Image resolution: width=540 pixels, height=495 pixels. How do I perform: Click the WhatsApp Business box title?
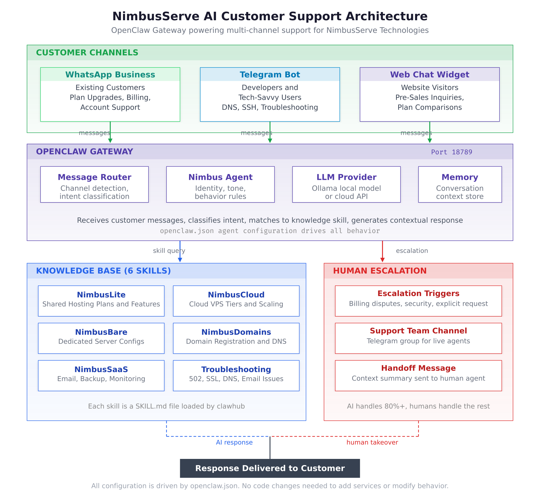coord(110,75)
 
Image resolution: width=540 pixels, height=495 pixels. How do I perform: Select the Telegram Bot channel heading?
coord(270,75)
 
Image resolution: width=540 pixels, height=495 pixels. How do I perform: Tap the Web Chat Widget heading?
coord(429,75)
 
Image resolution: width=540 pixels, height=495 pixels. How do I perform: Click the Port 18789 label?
coord(451,152)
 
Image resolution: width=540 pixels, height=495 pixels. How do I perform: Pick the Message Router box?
coord(94,184)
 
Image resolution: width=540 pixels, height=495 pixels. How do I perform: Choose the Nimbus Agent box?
coord(220,184)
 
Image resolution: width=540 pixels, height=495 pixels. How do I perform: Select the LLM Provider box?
coord(346,184)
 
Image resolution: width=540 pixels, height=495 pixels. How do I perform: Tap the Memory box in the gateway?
coord(460,184)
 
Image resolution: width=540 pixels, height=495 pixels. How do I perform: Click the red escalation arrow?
coord(382,251)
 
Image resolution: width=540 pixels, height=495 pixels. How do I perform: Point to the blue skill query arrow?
coord(180,251)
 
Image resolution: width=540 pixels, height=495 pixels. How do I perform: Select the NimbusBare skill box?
coord(101,338)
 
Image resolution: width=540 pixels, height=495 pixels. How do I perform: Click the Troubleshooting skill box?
coord(236,375)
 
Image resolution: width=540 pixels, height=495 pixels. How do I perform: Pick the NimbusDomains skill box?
coord(236,338)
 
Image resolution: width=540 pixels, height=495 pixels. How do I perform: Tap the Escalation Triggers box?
coord(418,301)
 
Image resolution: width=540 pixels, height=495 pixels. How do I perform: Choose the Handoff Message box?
coord(418,375)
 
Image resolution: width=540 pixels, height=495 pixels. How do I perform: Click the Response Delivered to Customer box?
coord(270,468)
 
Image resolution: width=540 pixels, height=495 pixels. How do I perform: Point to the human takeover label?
coord(372,442)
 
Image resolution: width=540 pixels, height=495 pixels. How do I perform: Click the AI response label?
coord(234,442)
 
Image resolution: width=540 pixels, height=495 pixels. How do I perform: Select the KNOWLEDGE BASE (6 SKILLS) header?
coord(103,271)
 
